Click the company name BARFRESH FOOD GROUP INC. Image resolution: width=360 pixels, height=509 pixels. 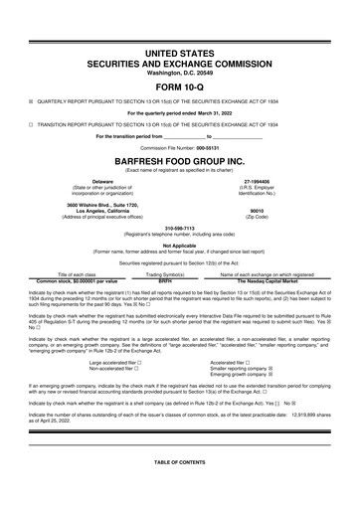[179, 159]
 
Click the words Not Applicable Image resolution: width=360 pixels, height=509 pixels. [179, 245]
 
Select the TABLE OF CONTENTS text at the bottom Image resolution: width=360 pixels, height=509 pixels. [179, 492]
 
